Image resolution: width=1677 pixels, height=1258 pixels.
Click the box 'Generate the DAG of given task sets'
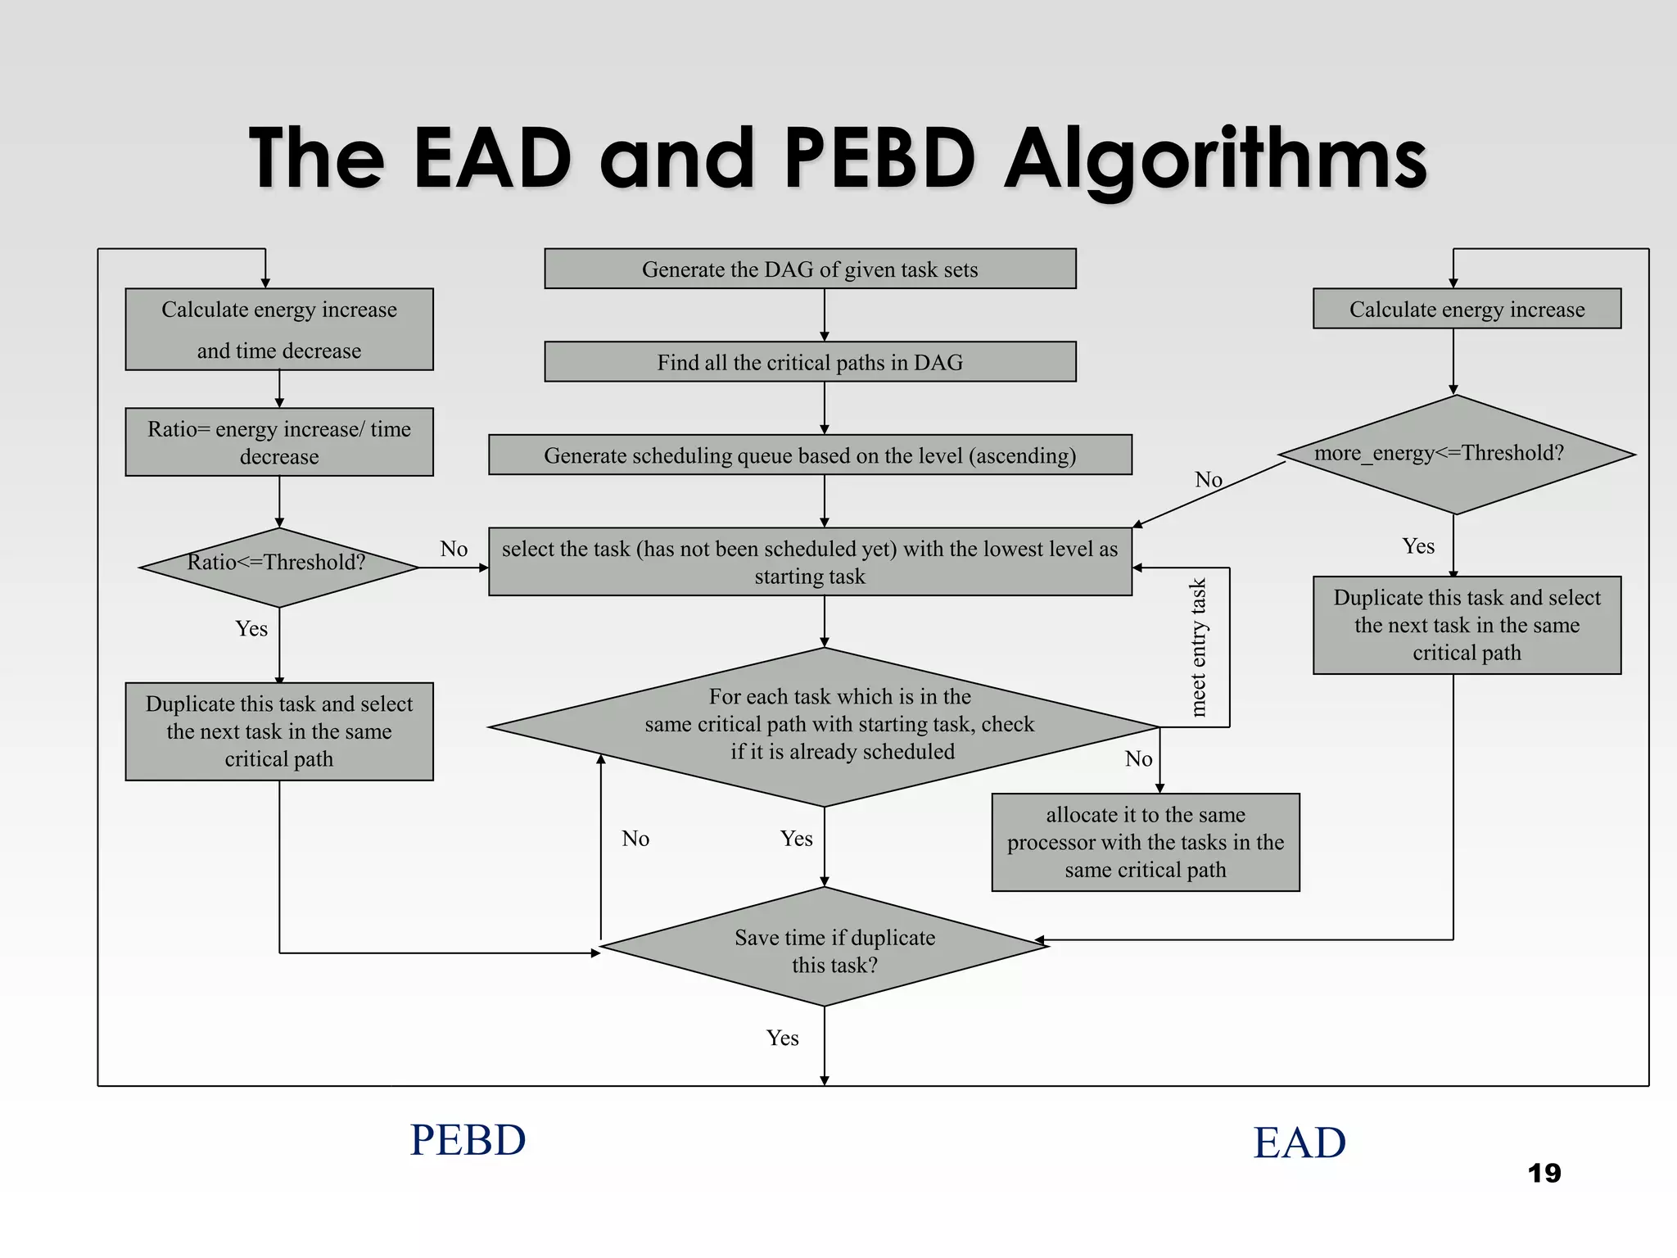[810, 269]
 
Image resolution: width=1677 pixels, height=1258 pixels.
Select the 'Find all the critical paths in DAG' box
[810, 362]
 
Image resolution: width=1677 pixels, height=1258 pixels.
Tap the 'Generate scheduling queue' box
[810, 455]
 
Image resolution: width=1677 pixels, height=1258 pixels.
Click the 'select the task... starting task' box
[810, 562]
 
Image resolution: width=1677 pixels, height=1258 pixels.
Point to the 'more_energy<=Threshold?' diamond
[1455, 455]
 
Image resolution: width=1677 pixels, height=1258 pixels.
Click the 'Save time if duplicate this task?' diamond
[825, 948]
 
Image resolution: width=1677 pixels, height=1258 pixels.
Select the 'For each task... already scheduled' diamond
[825, 726]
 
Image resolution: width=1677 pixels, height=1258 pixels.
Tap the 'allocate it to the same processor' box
[1145, 842]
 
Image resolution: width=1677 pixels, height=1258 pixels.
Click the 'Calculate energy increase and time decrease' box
[278, 329]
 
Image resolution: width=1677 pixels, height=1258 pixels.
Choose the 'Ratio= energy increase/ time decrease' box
[278, 442]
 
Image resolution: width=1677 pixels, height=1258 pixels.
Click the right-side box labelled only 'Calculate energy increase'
[1467, 309]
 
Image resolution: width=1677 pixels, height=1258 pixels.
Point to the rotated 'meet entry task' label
[1198, 647]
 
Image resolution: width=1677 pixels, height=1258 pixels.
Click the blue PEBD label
[468, 1140]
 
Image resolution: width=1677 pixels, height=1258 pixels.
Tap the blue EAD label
[1300, 1143]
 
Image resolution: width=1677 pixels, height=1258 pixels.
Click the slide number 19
[1544, 1174]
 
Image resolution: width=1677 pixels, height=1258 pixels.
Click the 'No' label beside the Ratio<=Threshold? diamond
[454, 549]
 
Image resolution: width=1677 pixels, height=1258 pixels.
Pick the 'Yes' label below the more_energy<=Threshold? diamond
[1418, 546]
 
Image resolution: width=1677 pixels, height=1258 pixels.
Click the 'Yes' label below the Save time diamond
[782, 1039]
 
